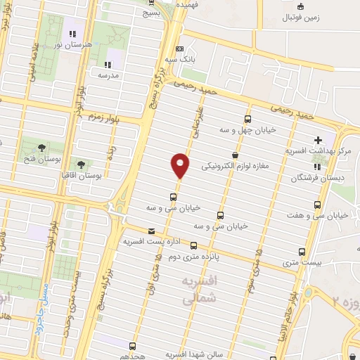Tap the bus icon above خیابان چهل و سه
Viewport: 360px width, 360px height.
click(247, 119)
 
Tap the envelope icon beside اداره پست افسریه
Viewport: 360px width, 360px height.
click(150, 231)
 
